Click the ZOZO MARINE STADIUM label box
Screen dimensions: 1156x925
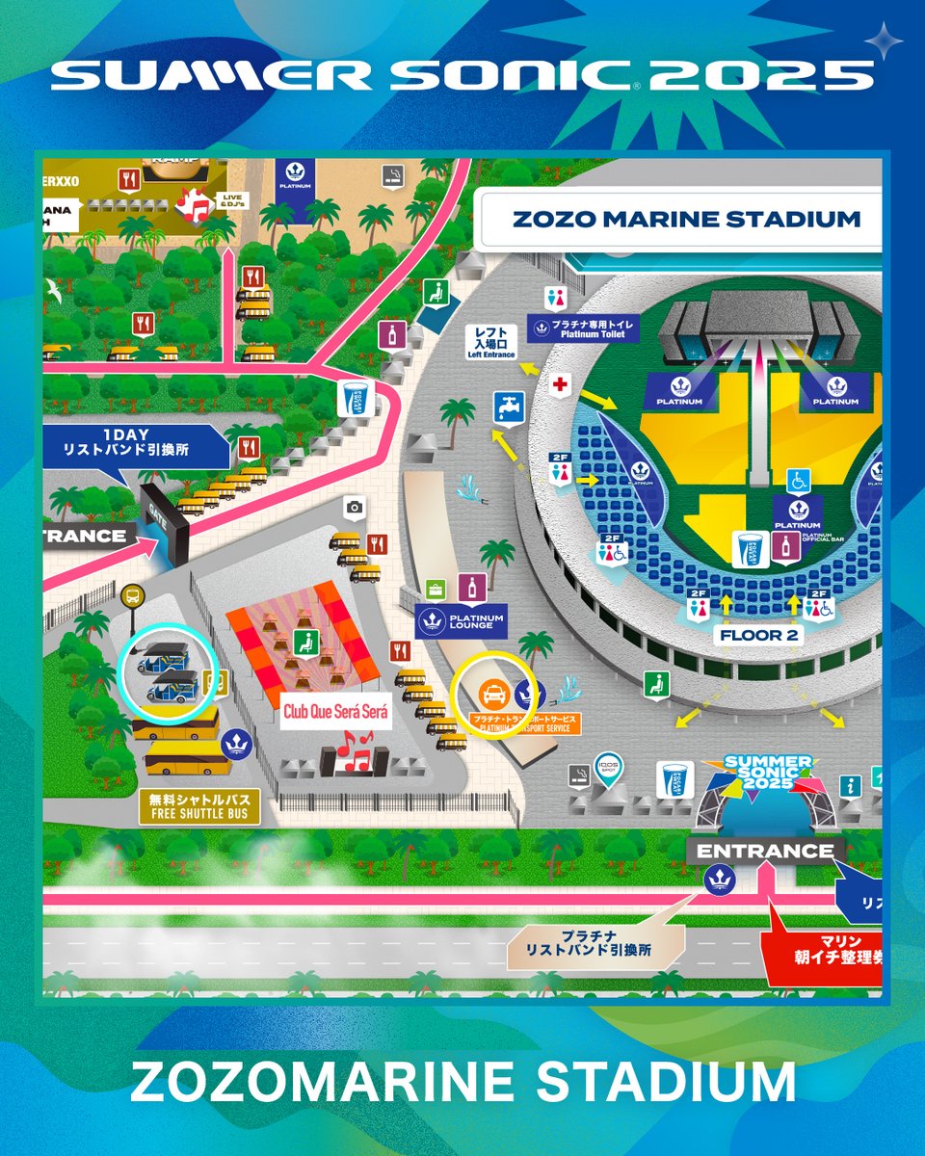tap(686, 219)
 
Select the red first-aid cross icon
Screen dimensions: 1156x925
tap(555, 384)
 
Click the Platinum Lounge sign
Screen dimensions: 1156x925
tap(461, 620)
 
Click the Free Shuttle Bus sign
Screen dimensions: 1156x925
tap(198, 806)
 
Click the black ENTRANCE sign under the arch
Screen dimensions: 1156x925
tap(765, 851)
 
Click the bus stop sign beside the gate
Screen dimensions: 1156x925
tap(133, 596)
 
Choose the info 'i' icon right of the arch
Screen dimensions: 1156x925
tap(849, 787)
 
